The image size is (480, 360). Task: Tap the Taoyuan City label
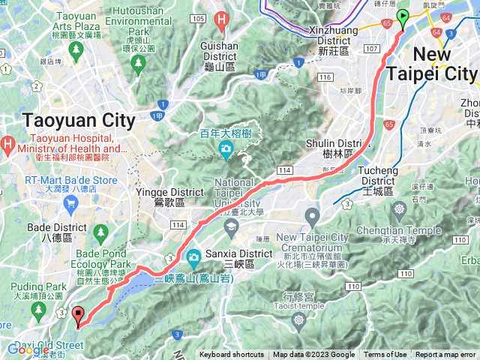click(x=79, y=120)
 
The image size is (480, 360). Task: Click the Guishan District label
click(x=220, y=46)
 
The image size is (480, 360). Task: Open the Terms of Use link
click(x=385, y=355)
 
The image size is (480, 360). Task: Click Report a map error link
click(x=445, y=355)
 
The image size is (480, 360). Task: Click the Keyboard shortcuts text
click(x=232, y=355)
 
